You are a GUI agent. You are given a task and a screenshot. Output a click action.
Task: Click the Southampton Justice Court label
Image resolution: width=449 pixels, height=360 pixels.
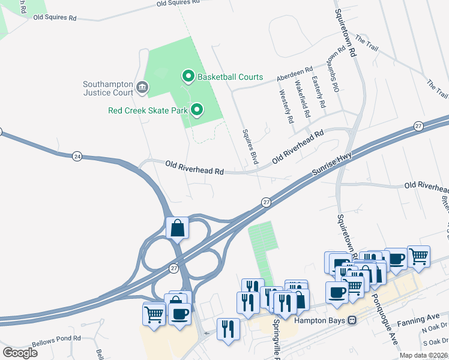coord(108,89)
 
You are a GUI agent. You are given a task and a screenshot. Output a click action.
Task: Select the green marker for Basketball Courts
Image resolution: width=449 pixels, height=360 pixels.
coord(188,76)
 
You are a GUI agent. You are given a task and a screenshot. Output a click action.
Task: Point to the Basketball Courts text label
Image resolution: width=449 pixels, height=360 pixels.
coord(231,77)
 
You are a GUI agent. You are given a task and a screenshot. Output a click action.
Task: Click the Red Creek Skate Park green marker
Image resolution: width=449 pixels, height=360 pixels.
coord(196,110)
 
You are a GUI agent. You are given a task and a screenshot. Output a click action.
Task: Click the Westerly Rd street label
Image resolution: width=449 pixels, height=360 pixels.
coord(286,107)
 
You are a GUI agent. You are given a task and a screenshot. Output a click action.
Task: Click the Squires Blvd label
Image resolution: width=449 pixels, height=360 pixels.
coord(250,146)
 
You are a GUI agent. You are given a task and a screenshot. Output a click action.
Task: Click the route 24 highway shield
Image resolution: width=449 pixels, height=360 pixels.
coord(77,156)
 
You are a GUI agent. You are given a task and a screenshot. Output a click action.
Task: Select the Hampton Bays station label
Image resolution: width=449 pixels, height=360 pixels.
coord(319,320)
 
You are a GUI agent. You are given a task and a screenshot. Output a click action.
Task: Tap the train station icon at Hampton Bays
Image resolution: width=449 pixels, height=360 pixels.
coord(352,320)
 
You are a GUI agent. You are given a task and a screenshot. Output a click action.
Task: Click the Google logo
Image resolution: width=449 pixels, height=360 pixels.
coord(20,352)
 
